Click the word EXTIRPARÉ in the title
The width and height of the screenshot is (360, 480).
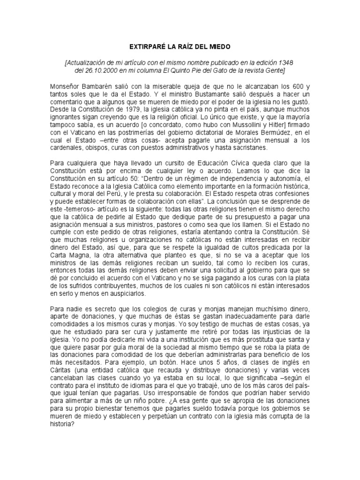click(x=144, y=47)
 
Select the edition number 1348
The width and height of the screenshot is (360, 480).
click(x=286, y=62)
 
